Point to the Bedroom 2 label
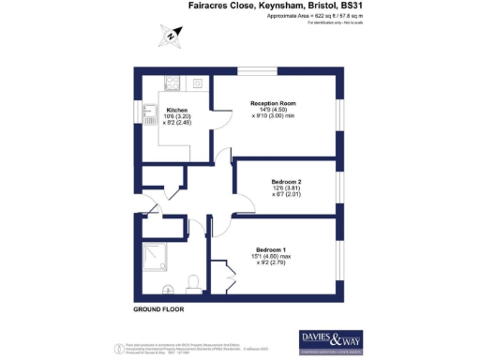pyautogui.click(x=286, y=181)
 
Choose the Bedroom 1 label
pyautogui.click(x=269, y=248)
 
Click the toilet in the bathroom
pyautogui.click(x=193, y=282)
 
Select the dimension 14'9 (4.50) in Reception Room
pyautogui.click(x=273, y=111)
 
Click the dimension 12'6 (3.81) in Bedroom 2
pyautogui.click(x=286, y=188)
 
